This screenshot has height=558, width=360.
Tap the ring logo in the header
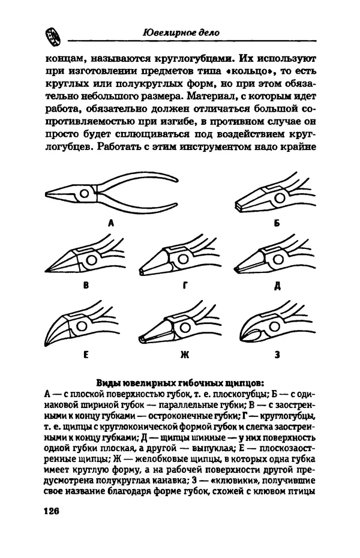click(x=51, y=37)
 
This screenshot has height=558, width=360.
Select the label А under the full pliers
click(x=111, y=223)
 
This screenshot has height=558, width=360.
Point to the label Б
click(x=277, y=223)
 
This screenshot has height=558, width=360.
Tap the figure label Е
click(x=85, y=355)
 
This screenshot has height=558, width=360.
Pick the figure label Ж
click(x=184, y=355)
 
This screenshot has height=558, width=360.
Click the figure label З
click(x=277, y=355)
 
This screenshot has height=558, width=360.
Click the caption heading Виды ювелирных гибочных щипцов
click(x=180, y=383)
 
